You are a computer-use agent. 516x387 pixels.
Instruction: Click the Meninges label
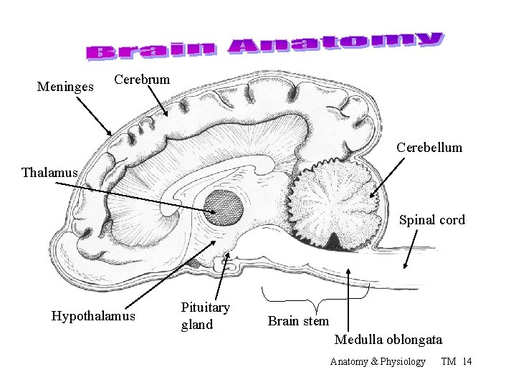(x=65, y=87)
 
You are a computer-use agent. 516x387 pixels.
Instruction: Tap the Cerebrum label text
(x=142, y=80)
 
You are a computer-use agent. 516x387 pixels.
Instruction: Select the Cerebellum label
(x=429, y=148)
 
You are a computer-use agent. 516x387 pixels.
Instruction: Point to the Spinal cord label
(x=431, y=220)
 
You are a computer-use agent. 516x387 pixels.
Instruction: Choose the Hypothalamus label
(x=93, y=316)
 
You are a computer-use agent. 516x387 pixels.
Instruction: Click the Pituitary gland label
(x=205, y=316)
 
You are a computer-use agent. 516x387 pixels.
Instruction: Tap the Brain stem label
(x=298, y=321)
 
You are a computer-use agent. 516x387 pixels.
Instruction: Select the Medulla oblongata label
(x=388, y=339)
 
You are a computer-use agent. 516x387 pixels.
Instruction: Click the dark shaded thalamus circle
(x=224, y=209)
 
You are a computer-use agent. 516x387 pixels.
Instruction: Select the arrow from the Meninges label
(x=93, y=115)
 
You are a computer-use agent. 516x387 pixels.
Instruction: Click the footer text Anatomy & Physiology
(x=378, y=361)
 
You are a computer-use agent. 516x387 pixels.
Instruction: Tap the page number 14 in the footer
(x=467, y=361)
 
